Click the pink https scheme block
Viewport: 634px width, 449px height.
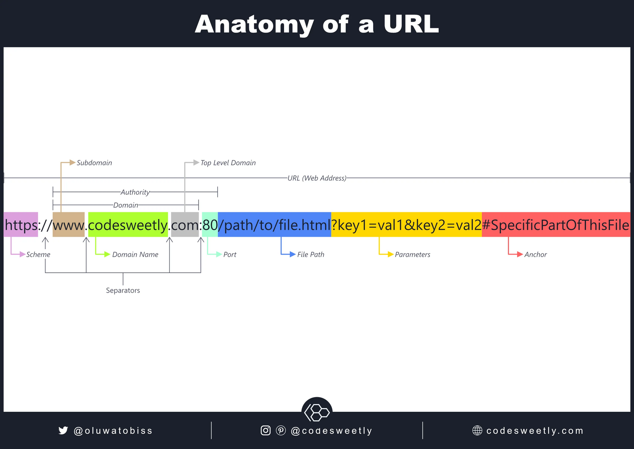click(x=21, y=224)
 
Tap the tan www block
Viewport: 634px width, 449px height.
click(x=68, y=224)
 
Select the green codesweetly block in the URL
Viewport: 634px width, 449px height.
click(x=128, y=224)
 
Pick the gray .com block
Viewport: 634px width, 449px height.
click(x=185, y=224)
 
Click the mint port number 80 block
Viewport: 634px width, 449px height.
click(x=210, y=224)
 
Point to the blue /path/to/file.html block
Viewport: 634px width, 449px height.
click(x=274, y=224)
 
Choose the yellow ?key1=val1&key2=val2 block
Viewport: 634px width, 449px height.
click(x=406, y=224)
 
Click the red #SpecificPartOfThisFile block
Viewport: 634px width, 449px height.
click(x=556, y=224)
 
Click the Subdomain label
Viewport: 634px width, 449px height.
click(x=94, y=163)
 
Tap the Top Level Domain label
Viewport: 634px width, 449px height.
click(x=228, y=163)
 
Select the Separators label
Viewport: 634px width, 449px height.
click(x=123, y=290)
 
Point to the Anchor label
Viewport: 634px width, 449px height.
click(x=535, y=255)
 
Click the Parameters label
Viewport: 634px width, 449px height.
click(x=412, y=255)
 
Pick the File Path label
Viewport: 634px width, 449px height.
click(x=311, y=255)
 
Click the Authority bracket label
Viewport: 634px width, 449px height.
click(x=135, y=192)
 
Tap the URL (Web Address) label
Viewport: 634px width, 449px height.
click(x=317, y=178)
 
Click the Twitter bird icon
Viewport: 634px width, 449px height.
click(x=63, y=430)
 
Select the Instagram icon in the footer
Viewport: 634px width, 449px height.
click(x=265, y=430)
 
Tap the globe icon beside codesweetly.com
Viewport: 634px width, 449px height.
click(x=477, y=430)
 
